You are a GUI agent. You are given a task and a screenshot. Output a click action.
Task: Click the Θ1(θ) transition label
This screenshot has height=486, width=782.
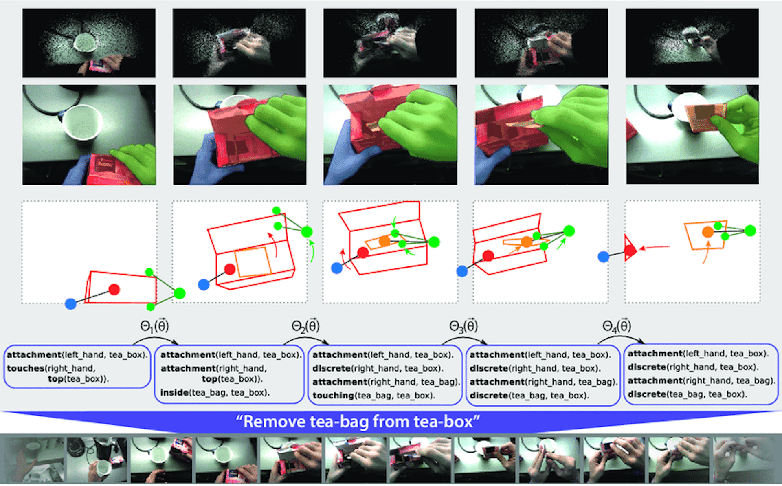click(154, 326)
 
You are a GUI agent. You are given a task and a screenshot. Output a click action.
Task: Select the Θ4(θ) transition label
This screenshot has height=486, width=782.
click(617, 326)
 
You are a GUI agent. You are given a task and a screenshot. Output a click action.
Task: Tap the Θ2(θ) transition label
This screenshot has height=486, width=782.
click(305, 326)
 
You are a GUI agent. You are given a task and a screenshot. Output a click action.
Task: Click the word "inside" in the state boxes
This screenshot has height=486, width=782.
click(174, 393)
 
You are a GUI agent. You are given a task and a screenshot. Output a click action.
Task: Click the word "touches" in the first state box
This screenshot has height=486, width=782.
click(25, 368)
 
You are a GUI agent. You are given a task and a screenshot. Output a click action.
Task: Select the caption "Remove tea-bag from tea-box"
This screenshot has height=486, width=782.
click(358, 422)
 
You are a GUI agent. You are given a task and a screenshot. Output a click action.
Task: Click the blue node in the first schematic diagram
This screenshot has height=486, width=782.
click(70, 304)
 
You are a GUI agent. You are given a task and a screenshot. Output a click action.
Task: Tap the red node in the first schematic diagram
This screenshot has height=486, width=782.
click(114, 289)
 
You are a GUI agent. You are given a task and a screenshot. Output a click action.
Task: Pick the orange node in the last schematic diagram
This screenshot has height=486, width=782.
click(708, 232)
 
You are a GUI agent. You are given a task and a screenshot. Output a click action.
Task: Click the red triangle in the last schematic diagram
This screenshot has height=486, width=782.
click(630, 248)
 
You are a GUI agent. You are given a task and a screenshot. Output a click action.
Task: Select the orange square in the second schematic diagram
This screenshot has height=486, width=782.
click(253, 262)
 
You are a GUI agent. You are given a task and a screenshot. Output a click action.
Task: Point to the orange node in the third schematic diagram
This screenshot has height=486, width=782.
click(384, 241)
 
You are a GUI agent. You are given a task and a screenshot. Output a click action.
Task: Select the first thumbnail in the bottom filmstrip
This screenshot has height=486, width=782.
click(33, 460)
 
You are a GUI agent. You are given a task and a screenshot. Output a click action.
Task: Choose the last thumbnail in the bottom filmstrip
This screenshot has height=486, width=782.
click(746, 460)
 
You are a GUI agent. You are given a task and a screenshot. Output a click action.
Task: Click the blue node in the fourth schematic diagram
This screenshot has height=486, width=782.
click(462, 271)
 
